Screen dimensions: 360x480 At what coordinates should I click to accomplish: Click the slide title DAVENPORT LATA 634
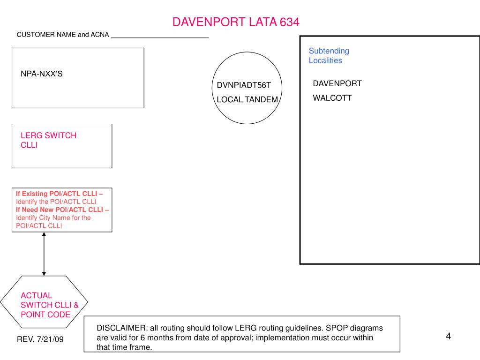click(235, 22)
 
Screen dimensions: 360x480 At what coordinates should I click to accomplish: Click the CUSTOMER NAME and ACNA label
click(63, 35)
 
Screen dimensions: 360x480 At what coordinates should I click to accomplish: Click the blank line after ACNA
click(160, 36)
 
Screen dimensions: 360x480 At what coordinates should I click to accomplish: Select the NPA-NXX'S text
click(42, 74)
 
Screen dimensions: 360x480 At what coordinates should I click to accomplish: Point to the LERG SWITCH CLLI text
click(48, 140)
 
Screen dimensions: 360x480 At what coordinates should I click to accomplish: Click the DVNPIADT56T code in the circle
click(244, 85)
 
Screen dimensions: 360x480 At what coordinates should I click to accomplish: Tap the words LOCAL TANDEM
click(247, 99)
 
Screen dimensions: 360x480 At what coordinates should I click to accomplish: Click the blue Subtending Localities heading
click(329, 55)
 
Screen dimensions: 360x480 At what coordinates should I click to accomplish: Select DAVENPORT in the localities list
click(337, 83)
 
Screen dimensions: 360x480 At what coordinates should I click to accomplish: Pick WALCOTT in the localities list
click(332, 98)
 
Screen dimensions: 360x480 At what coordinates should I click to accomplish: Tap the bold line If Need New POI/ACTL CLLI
click(62, 210)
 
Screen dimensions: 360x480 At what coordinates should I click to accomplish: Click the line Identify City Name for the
click(53, 217)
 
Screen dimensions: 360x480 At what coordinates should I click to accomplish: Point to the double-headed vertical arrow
click(44, 254)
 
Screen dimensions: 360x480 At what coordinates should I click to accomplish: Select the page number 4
click(448, 336)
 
